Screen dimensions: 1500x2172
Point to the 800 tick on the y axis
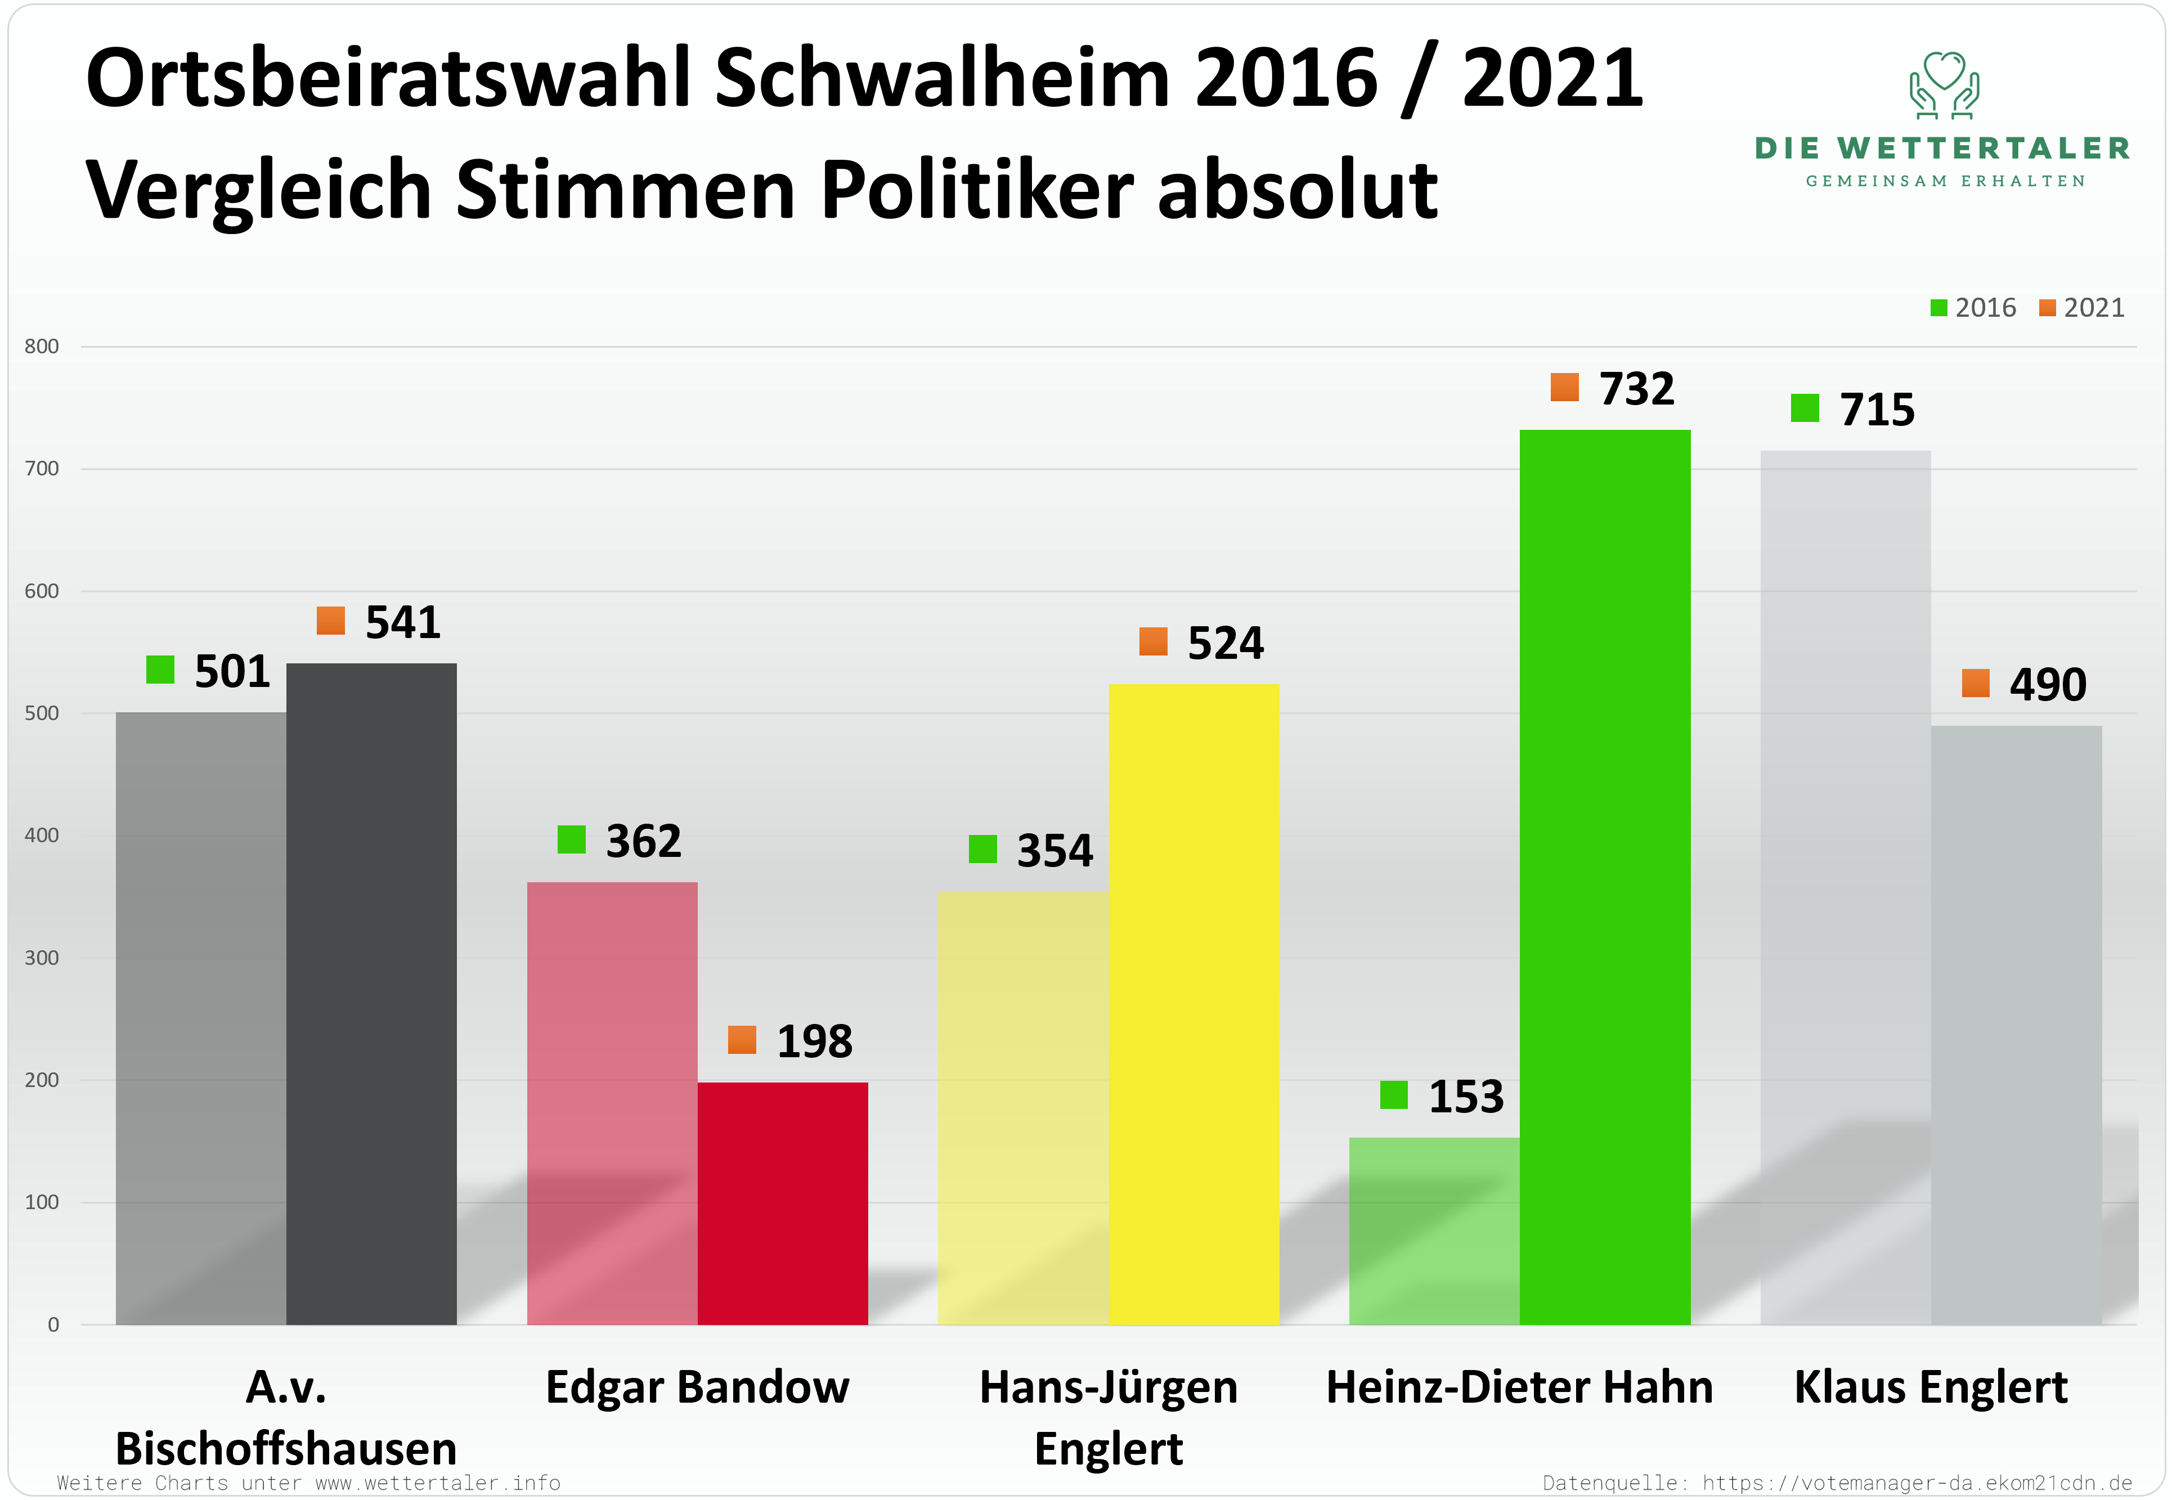(x=41, y=346)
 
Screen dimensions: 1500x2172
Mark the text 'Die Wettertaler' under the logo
(x=1942, y=149)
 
